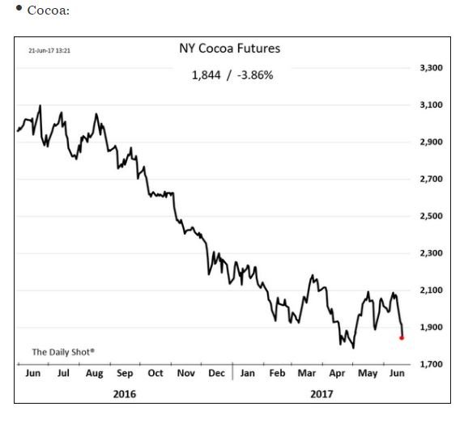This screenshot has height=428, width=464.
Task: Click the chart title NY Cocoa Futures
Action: click(230, 49)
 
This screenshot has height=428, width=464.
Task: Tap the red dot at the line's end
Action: click(402, 338)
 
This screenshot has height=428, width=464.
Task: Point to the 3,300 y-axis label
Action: click(431, 68)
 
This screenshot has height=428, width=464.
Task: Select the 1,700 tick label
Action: click(431, 364)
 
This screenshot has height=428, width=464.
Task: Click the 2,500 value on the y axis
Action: click(431, 216)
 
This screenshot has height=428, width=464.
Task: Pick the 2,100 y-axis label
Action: click(431, 290)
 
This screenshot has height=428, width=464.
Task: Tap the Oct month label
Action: click(155, 373)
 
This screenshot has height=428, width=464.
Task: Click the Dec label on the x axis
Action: click(216, 373)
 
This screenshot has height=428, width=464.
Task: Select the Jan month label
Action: click(248, 373)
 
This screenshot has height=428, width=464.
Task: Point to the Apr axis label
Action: click(337, 374)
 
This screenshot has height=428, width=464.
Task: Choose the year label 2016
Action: click(125, 394)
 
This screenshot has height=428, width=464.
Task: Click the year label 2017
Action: click(321, 394)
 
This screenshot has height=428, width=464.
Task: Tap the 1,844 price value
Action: click(206, 75)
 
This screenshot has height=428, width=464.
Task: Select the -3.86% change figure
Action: click(255, 75)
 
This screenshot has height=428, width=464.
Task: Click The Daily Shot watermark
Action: click(63, 352)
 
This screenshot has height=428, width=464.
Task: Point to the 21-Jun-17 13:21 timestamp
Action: click(49, 50)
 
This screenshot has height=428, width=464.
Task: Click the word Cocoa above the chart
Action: click(49, 11)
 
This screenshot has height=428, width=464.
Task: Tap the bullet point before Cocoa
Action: click(19, 8)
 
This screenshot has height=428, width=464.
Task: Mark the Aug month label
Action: click(95, 374)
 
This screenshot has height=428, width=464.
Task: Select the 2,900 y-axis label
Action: click(431, 142)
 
